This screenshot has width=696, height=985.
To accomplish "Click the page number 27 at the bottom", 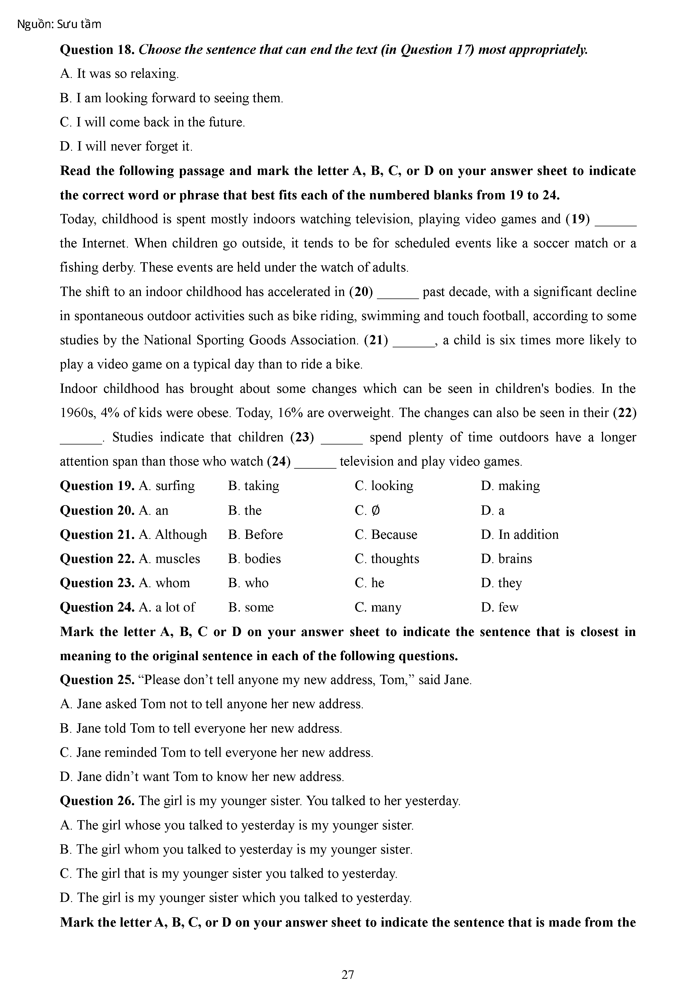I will [x=348, y=975].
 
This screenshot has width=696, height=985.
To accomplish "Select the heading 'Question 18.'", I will [x=98, y=50].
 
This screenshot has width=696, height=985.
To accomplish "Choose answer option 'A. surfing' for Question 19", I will [x=167, y=486].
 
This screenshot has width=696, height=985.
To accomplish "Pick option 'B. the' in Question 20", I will [x=245, y=510].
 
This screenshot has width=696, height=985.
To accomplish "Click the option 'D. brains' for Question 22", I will [x=507, y=558].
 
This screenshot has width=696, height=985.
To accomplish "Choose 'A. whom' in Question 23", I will [x=164, y=583].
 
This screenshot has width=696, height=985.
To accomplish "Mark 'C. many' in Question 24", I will [x=378, y=607].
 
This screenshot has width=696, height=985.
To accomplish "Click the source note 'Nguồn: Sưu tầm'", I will [x=59, y=24].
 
